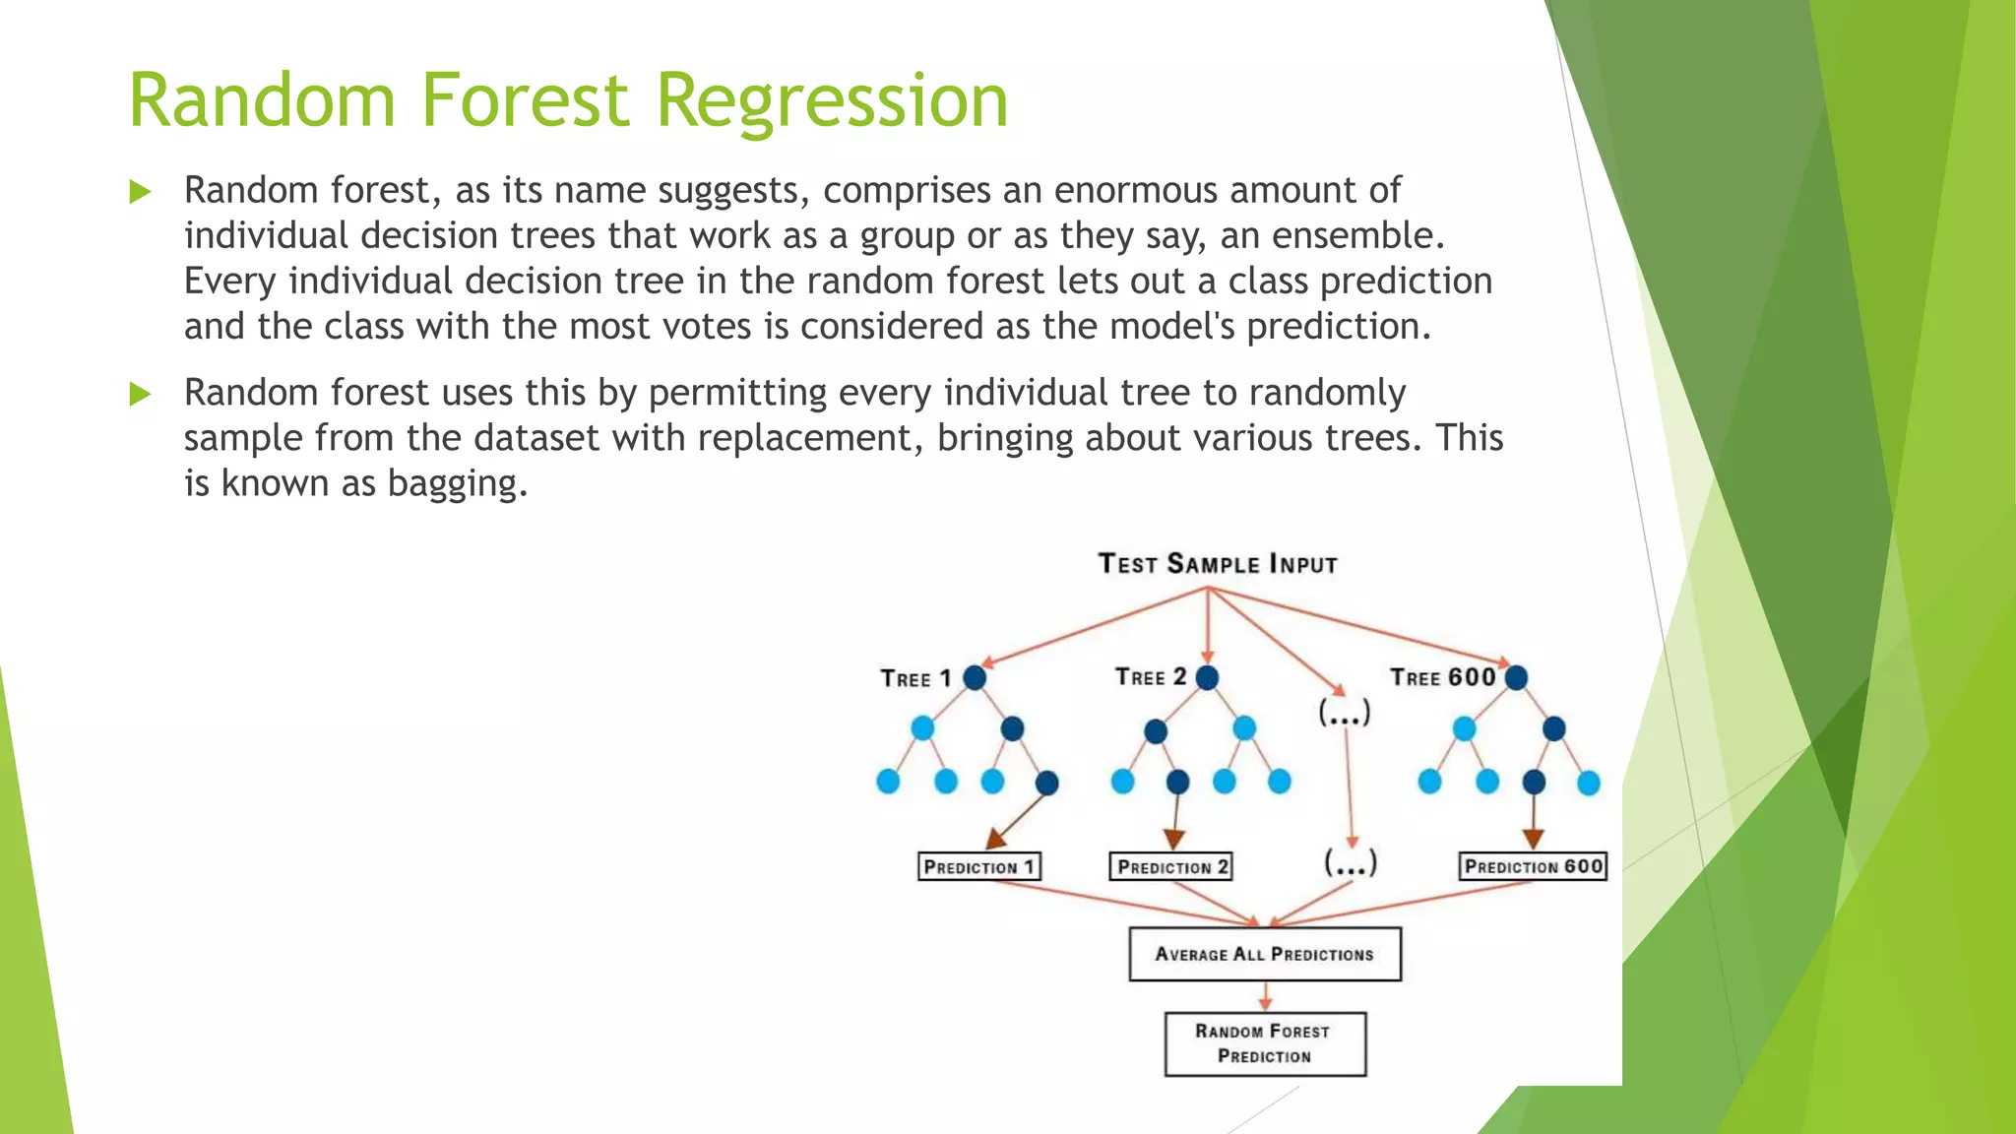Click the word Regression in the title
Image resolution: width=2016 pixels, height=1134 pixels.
coord(832,100)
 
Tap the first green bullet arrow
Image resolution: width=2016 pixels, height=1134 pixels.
coord(140,192)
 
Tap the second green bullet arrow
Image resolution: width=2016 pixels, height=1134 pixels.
coord(140,395)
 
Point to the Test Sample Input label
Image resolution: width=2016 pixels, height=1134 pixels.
coord(1218,564)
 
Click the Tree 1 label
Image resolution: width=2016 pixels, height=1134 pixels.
coord(915,678)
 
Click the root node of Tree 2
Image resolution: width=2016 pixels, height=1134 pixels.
coord(1207,677)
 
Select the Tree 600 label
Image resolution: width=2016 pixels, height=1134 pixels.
coord(1442,677)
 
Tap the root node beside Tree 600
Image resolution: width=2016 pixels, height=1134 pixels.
coord(1516,677)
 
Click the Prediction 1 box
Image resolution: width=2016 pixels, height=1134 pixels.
coord(978,866)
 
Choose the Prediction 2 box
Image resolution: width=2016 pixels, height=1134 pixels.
coord(1170,866)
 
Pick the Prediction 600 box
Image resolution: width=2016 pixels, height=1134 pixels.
coord(1533,866)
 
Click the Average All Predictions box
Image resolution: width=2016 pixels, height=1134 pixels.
coord(1264,954)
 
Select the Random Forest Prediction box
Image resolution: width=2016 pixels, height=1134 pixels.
coord(1264,1043)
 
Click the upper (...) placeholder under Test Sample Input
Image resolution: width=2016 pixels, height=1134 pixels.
coord(1345,712)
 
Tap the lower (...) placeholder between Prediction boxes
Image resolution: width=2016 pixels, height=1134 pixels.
coord(1350,863)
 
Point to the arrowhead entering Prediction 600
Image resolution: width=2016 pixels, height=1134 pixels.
coord(1533,839)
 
